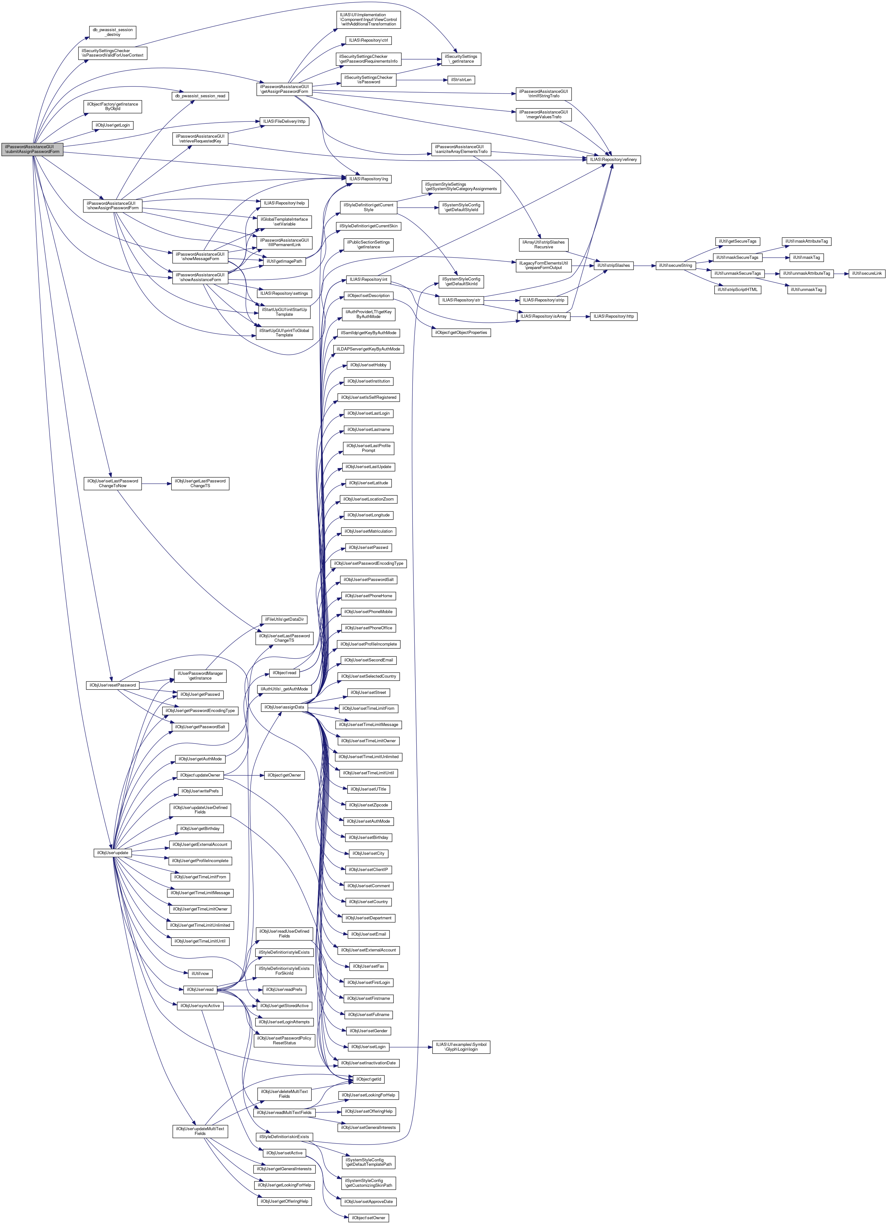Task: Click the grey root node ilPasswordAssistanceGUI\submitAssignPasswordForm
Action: point(32,149)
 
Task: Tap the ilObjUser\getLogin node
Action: point(113,125)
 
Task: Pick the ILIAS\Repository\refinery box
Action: point(614,160)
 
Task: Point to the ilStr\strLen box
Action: point(461,80)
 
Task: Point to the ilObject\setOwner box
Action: point(369,1218)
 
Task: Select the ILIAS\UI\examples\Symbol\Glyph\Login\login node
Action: point(461,1047)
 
